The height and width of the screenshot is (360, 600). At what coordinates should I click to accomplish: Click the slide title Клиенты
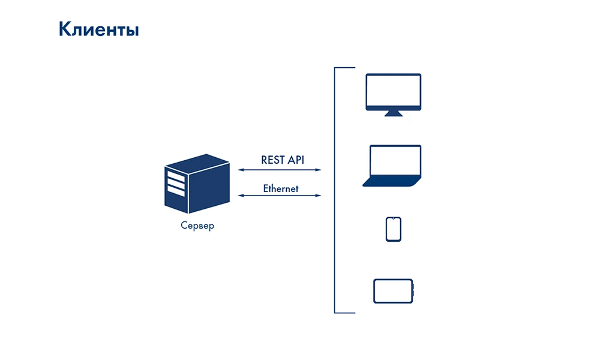coord(98,29)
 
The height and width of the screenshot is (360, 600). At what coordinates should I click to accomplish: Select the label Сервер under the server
coord(197,227)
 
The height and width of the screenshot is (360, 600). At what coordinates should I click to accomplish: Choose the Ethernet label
coord(280,188)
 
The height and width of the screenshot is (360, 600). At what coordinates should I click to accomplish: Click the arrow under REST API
coord(280,170)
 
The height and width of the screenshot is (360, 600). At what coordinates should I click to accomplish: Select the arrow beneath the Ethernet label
coord(280,196)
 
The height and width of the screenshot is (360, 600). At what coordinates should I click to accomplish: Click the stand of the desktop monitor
coord(394,113)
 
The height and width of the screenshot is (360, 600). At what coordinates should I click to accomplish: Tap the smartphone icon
coord(393,229)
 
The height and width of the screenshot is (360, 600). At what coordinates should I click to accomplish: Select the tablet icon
coord(394,291)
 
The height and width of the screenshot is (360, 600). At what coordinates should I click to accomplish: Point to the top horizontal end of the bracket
coord(345,69)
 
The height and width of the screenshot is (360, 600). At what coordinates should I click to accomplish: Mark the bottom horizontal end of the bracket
coord(345,313)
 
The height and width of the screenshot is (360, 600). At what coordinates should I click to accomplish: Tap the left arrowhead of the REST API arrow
coord(241,170)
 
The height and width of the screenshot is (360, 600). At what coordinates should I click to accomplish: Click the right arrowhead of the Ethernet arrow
coord(319,196)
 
